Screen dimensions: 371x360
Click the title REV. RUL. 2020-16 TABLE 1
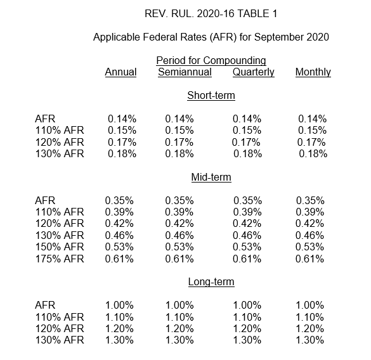tap(211, 14)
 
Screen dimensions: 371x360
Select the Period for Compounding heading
tap(211, 61)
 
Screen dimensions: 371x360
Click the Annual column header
tap(120, 72)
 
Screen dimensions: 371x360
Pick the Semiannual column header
tap(185, 72)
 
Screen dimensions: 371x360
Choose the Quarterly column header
tap(254, 72)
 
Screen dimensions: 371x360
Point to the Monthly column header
tap(313, 72)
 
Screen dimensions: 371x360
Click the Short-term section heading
tap(211, 95)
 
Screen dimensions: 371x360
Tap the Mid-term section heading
tap(211, 177)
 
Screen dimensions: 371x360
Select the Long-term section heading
tap(211, 282)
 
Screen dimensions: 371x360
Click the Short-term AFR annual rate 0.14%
tap(122, 119)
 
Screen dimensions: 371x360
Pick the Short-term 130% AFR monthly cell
tap(313, 154)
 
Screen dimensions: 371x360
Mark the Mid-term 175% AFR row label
tap(60, 259)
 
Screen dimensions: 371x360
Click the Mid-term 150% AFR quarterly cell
tap(247, 247)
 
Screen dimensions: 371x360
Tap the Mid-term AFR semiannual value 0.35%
tap(179, 200)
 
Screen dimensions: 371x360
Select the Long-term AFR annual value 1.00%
tap(119, 305)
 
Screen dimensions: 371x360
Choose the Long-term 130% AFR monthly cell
tap(309, 340)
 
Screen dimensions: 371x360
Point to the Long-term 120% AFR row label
tap(60, 328)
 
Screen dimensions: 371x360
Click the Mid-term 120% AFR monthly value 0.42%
tap(309, 224)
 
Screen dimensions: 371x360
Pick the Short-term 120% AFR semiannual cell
tap(179, 143)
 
